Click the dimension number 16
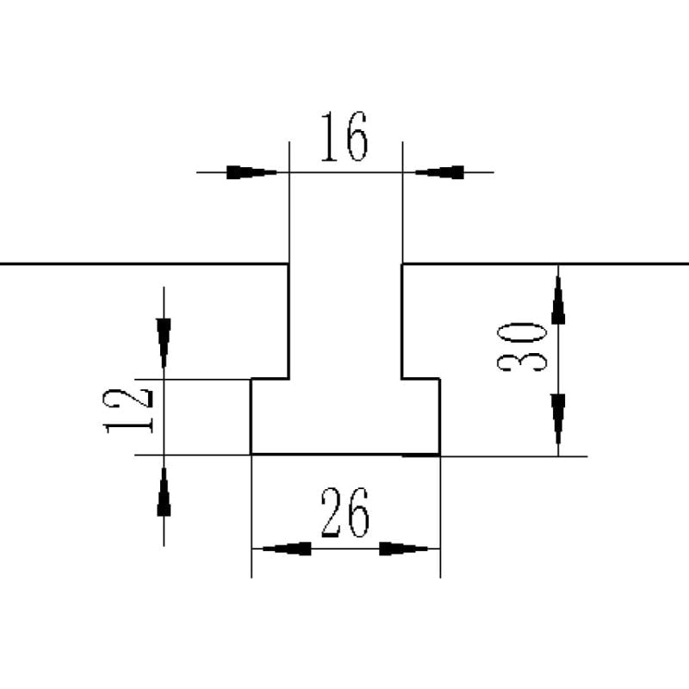pyautogui.click(x=344, y=137)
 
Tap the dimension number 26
pyautogui.click(x=344, y=513)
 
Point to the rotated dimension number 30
pyautogui.click(x=523, y=346)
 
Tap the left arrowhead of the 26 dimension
pyautogui.click(x=286, y=549)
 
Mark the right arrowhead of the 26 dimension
pyautogui.click(x=404, y=549)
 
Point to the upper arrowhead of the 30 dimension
pyautogui.click(x=558, y=301)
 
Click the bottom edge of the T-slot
pyautogui.click(x=344, y=454)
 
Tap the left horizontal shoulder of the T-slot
pyautogui.click(x=270, y=378)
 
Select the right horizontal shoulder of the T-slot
pyautogui.click(x=421, y=378)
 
